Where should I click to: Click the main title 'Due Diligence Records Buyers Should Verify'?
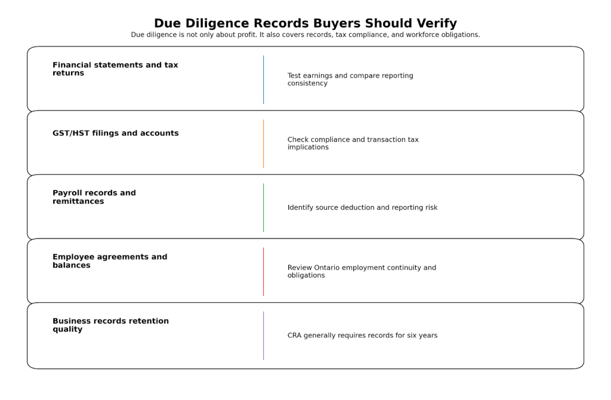(x=305, y=23)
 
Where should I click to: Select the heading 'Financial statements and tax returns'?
(x=115, y=69)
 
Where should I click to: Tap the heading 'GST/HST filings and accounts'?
(x=115, y=134)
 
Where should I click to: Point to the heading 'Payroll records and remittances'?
(x=94, y=197)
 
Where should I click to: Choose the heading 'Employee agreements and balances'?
(x=110, y=261)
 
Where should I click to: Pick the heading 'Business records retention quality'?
(x=110, y=325)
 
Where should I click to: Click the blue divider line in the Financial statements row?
(x=263, y=80)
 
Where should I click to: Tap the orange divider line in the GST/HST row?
(x=263, y=144)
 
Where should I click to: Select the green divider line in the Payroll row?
(x=263, y=207)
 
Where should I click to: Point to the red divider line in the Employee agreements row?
(x=263, y=272)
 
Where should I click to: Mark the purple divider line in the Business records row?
(x=263, y=336)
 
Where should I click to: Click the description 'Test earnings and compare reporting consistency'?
(x=350, y=80)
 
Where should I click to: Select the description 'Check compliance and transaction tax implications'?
(x=353, y=144)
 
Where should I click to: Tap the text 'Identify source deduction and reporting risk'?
(x=362, y=208)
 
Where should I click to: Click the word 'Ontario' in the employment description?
(x=328, y=268)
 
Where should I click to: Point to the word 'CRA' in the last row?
(x=294, y=336)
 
